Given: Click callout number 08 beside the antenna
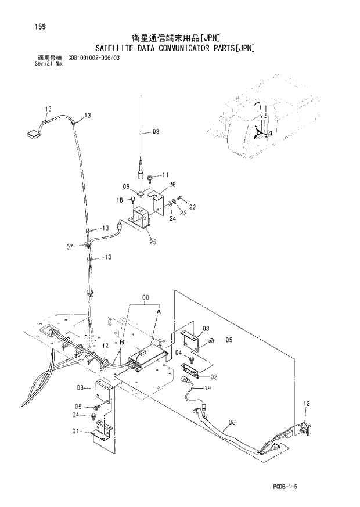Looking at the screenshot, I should click(156, 131).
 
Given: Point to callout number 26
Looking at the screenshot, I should click(172, 185).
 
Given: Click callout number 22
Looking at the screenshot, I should click(193, 207).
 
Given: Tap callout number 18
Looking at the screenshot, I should click(120, 200).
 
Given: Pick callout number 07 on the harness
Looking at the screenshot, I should click(70, 247).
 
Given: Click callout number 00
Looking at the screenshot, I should click(145, 298).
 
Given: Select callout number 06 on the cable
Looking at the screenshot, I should click(232, 422).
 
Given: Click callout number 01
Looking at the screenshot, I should click(75, 431).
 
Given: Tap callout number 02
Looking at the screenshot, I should click(214, 376).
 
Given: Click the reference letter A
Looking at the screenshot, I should click(157, 312).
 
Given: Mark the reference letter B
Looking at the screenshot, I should click(121, 343).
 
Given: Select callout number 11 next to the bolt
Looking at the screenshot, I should click(165, 175).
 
